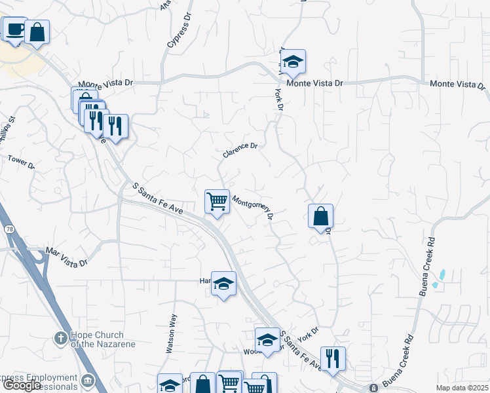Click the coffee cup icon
[14, 29]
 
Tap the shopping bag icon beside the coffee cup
[37, 33]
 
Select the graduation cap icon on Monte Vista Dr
[293, 62]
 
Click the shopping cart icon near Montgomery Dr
[217, 201]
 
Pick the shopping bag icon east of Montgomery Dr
[320, 215]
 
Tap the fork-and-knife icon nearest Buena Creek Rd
[333, 358]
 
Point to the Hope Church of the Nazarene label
[98, 339]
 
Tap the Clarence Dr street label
[240, 150]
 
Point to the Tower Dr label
[21, 161]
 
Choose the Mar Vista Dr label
[66, 257]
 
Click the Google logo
[21, 385]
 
